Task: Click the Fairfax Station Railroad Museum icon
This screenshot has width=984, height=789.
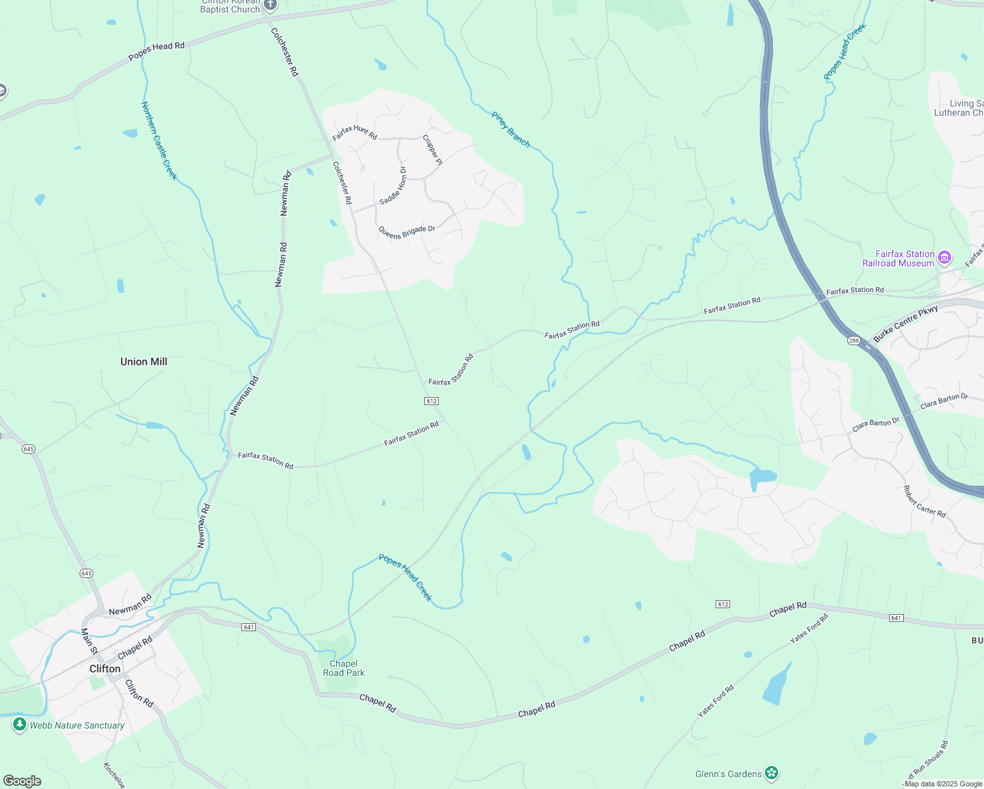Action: pyautogui.click(x=945, y=258)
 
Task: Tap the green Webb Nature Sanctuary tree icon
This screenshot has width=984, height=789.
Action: pyautogui.click(x=20, y=725)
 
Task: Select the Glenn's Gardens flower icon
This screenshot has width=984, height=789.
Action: pyautogui.click(x=772, y=773)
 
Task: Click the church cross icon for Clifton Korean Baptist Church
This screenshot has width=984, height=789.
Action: pyautogui.click(x=270, y=5)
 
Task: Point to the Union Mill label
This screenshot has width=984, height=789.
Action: pyautogui.click(x=143, y=362)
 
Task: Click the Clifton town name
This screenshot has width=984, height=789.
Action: pyautogui.click(x=105, y=669)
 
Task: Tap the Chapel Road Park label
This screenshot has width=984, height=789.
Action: pyautogui.click(x=343, y=668)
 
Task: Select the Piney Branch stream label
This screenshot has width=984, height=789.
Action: pyautogui.click(x=510, y=130)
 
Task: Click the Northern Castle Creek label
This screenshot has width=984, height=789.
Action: pyautogui.click(x=159, y=141)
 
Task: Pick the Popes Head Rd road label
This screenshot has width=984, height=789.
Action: pyautogui.click(x=157, y=51)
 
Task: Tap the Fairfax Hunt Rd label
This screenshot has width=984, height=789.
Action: pyautogui.click(x=355, y=132)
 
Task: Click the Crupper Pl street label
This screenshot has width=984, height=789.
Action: pyautogui.click(x=432, y=150)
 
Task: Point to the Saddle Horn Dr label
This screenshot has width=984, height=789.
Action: pyautogui.click(x=393, y=185)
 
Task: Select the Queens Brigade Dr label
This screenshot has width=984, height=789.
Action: pyautogui.click(x=406, y=232)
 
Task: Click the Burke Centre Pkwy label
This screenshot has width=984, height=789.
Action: pyautogui.click(x=906, y=324)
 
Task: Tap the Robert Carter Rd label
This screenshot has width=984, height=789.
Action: pyautogui.click(x=924, y=502)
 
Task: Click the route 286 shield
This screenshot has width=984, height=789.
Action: pyautogui.click(x=854, y=341)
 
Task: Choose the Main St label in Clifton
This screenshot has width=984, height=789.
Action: pyautogui.click(x=89, y=641)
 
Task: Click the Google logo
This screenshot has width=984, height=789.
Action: pyautogui.click(x=22, y=781)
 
